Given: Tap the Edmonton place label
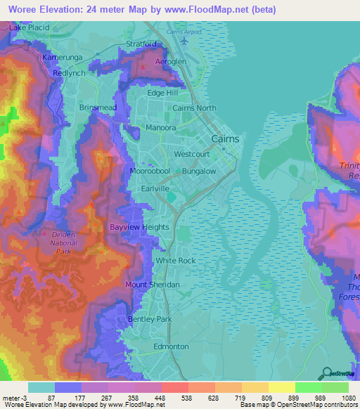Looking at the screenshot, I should click(x=171, y=346).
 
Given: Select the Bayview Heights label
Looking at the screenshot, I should click(x=139, y=227).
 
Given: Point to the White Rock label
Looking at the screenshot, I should click(x=176, y=260).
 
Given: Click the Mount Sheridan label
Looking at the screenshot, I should click(x=153, y=285).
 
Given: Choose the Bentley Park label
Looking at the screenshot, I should click(x=150, y=319).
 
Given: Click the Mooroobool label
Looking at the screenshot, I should click(x=150, y=171).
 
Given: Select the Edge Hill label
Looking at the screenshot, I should click(x=162, y=93).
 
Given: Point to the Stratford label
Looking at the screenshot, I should click(x=141, y=44).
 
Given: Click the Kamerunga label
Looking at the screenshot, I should click(x=63, y=56).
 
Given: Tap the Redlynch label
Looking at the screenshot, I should click(x=67, y=72).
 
